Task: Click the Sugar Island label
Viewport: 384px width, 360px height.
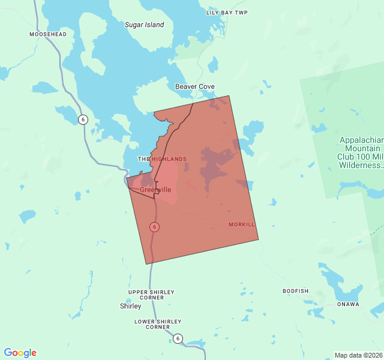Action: click(x=144, y=25)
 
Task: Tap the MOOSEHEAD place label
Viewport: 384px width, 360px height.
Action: click(x=47, y=35)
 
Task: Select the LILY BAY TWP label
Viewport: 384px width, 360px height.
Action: click(x=227, y=13)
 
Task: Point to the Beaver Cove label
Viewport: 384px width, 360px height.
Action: click(x=195, y=87)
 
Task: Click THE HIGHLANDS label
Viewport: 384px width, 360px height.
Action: click(x=162, y=159)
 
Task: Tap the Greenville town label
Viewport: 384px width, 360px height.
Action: click(x=155, y=190)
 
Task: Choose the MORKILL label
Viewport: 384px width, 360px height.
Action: click(x=242, y=224)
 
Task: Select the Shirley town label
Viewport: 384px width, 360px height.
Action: click(x=131, y=306)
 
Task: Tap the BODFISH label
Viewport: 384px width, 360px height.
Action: click(x=295, y=291)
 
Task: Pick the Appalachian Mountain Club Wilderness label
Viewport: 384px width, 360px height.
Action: click(x=359, y=152)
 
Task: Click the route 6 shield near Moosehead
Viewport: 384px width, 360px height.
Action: click(x=83, y=119)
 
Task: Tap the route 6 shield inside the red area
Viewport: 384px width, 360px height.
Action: click(x=155, y=227)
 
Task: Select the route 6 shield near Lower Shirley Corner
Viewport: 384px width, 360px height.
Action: click(x=178, y=338)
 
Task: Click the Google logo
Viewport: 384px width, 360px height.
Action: click(x=20, y=353)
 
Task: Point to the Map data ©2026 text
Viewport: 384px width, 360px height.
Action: click(x=358, y=355)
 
